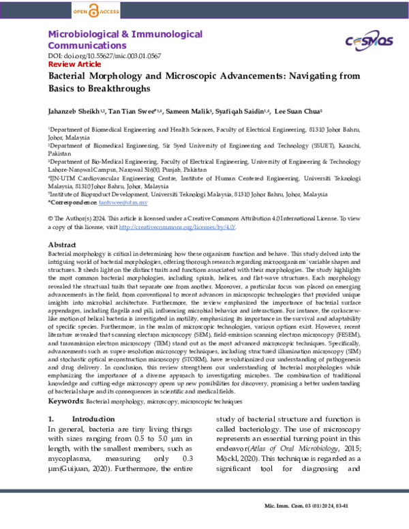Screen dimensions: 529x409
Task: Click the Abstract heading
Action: click(x=61, y=244)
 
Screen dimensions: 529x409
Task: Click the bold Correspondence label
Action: click(x=74, y=202)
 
